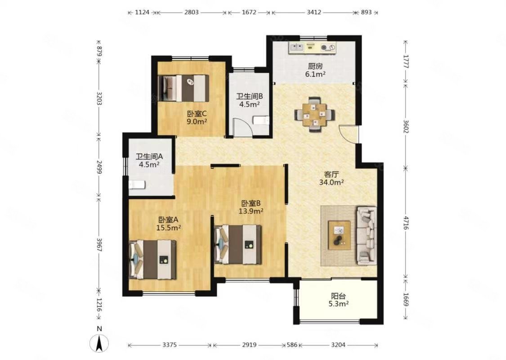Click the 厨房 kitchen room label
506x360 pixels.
(315, 67)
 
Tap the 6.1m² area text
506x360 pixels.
(315, 74)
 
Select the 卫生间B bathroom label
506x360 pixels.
(250, 96)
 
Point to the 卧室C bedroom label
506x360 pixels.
(197, 114)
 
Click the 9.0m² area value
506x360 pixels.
(197, 121)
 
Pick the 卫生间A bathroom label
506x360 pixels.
(149, 157)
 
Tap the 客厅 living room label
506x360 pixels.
(331, 174)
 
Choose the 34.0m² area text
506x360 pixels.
(331, 182)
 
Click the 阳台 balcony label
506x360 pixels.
(338, 296)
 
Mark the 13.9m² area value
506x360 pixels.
(251, 211)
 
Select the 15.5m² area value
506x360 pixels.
(168, 228)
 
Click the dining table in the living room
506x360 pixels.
(315, 115)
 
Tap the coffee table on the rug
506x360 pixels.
(339, 235)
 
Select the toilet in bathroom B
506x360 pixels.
(261, 121)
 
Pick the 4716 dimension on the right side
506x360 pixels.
(406, 223)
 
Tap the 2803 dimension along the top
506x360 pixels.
(191, 12)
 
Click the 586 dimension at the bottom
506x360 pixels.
(292, 345)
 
